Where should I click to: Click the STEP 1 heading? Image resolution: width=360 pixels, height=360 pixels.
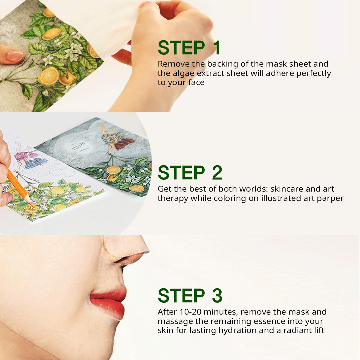pyautogui.click(x=189, y=48)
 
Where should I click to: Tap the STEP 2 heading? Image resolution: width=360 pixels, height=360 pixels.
pyautogui.click(x=190, y=173)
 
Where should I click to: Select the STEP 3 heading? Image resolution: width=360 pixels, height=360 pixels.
pyautogui.click(x=190, y=295)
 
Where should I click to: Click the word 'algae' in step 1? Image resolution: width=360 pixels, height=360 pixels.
pyautogui.click(x=183, y=74)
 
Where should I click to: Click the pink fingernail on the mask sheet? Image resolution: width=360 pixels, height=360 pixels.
pyautogui.click(x=15, y=56)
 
